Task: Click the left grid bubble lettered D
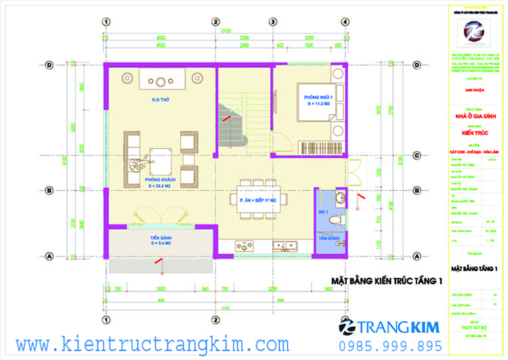(49, 66)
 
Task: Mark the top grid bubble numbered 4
(345, 22)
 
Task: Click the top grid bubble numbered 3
(272, 22)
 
